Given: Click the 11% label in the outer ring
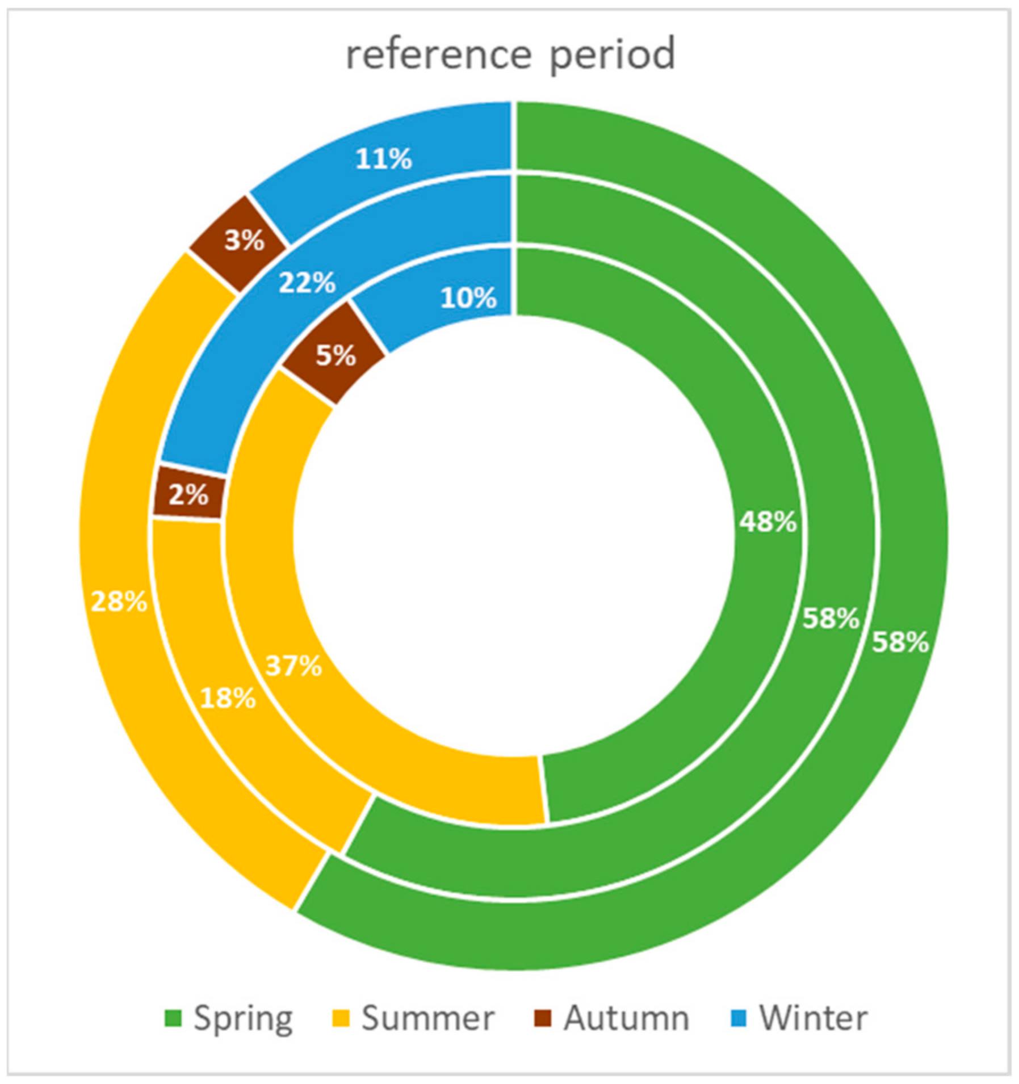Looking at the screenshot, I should [384, 159].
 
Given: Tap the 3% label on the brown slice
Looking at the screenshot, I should [244, 241].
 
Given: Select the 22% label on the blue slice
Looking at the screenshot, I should [307, 282].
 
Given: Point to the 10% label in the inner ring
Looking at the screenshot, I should [468, 298].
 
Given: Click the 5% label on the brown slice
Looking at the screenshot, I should [336, 356].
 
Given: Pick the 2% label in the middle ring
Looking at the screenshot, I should [188, 495].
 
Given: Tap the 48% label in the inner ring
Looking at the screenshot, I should [768, 521].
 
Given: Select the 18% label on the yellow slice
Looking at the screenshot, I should [228, 698].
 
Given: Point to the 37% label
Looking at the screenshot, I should [293, 665].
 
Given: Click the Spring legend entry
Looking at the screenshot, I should [243, 1018].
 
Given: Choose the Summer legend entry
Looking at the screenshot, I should [427, 1018].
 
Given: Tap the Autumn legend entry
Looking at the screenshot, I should [626, 1018].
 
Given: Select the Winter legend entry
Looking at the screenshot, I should [813, 1018].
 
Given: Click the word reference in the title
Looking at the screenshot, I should [439, 54].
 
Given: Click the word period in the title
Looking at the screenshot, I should [613, 56].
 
